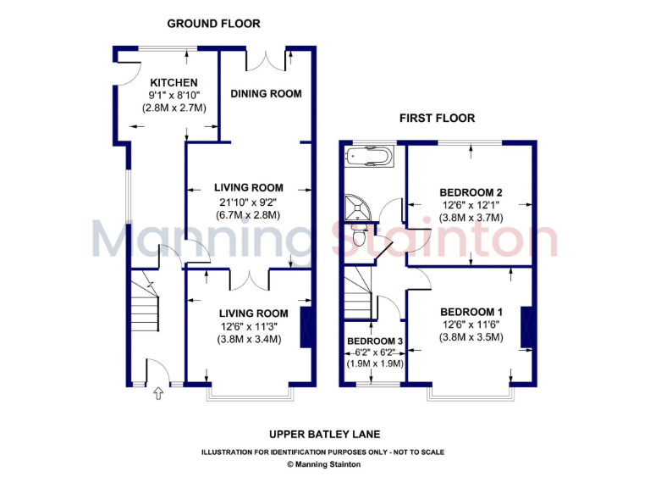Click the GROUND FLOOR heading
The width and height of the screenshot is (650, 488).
point(213,24)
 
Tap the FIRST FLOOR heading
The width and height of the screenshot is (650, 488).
point(437,119)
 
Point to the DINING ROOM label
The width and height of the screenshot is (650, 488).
point(266,94)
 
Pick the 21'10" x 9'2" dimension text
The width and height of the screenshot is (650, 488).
point(248,202)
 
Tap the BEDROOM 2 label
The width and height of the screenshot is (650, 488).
point(471,191)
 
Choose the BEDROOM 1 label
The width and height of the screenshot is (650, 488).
point(471,311)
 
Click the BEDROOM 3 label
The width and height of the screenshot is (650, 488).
point(375,341)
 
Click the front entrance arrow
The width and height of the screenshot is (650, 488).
point(157,392)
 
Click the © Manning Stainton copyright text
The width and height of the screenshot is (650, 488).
point(325,464)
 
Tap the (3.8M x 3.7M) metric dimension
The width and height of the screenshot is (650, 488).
point(471,218)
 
